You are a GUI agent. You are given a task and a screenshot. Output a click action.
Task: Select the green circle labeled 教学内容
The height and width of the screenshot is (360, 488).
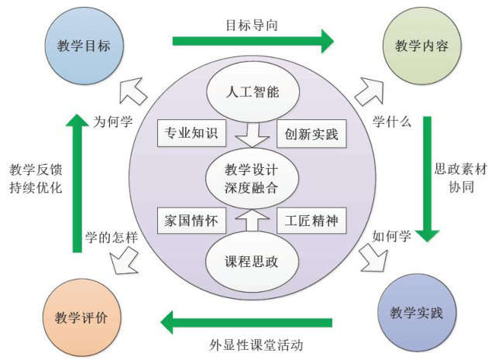point(416,46)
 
